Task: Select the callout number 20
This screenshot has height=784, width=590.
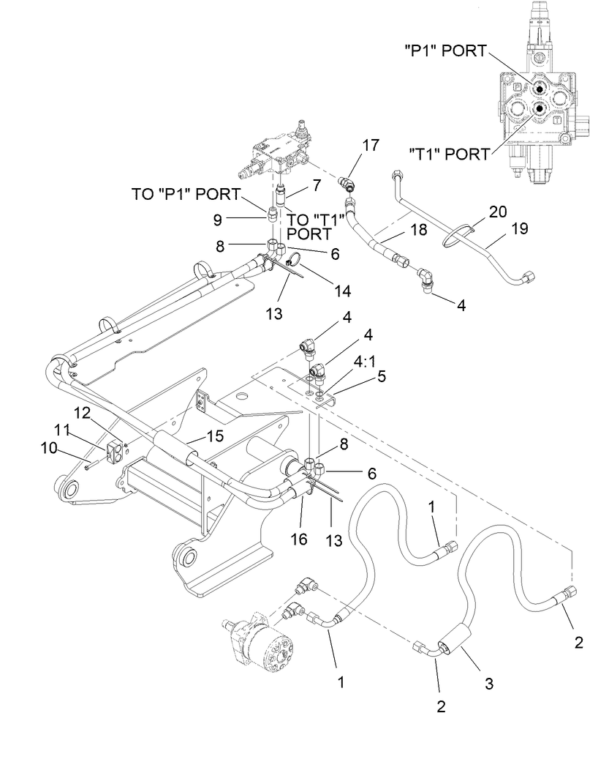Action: pos(497,211)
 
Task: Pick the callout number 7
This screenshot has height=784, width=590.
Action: pos(317,185)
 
